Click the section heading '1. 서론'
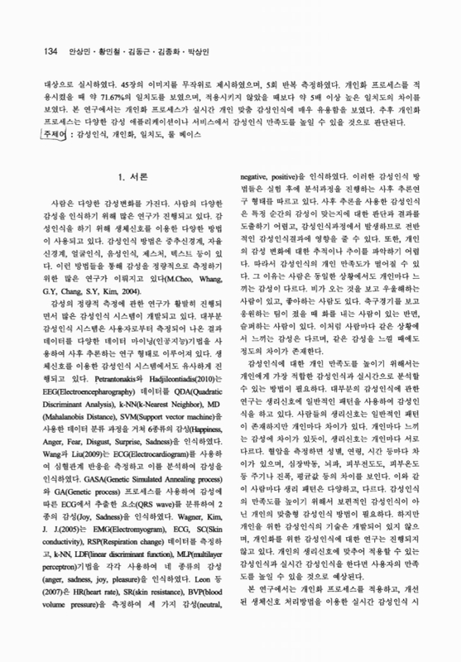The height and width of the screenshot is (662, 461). pos(133,175)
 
